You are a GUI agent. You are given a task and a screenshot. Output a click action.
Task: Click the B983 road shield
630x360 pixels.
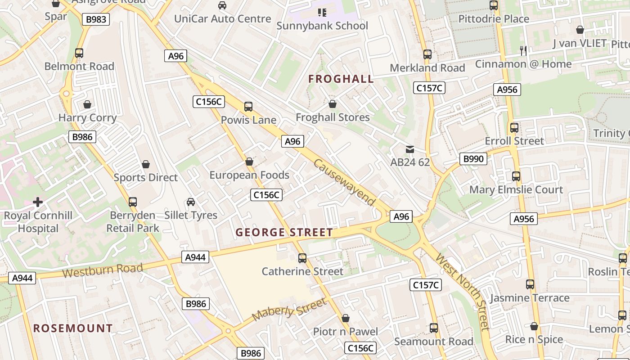96,19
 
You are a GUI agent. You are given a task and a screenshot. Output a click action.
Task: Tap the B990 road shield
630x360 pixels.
473,158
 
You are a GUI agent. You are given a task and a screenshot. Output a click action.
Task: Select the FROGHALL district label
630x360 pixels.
341,79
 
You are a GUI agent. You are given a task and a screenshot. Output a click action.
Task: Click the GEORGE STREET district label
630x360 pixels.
284,232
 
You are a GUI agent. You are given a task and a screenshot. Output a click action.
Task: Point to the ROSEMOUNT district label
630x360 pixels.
73,328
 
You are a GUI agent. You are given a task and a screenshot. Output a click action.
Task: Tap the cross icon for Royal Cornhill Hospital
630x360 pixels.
38,202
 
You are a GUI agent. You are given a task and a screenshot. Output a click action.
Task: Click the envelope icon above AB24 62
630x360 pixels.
410,149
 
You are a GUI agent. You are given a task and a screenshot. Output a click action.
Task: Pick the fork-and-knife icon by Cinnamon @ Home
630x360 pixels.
523,50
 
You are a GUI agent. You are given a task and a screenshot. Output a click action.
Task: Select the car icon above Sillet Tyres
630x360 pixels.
191,202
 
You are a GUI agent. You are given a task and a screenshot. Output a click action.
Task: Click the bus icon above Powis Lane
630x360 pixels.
248,107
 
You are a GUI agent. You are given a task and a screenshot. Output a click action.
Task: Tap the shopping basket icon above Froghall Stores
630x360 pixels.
333,104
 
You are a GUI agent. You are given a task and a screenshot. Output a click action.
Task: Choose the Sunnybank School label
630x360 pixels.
322,26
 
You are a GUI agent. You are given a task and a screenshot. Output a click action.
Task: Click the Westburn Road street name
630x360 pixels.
102,270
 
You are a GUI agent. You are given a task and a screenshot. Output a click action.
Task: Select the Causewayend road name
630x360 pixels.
345,182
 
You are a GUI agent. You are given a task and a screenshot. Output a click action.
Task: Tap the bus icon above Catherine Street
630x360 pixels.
302,258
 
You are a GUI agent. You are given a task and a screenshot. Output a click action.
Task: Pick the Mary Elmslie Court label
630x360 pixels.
516,189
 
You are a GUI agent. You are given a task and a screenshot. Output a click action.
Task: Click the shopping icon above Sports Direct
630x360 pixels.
145,164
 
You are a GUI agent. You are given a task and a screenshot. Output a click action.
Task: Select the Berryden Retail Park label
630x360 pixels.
133,221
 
